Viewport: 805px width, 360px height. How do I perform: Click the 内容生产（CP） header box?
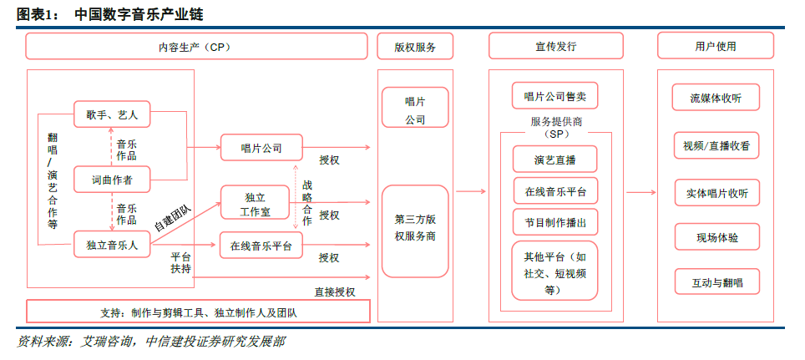click(x=196, y=47)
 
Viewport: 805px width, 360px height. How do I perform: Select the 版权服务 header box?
click(x=415, y=47)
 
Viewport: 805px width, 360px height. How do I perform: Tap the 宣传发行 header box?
click(x=555, y=47)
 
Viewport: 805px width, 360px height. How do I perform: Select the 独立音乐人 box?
click(x=112, y=245)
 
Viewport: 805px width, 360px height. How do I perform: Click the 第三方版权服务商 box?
click(x=415, y=228)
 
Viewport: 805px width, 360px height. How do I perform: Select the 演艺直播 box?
click(x=555, y=159)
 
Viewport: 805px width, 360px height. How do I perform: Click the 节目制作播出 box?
click(x=555, y=222)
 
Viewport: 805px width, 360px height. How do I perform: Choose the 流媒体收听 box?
click(x=716, y=97)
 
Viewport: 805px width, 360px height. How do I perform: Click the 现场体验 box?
click(x=716, y=237)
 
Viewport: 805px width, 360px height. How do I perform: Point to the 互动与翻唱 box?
click(x=716, y=282)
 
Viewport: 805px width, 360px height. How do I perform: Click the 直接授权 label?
click(x=335, y=292)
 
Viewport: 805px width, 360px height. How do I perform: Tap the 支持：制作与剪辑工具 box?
click(x=198, y=312)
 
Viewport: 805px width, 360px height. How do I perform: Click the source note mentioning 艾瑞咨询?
click(x=150, y=342)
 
